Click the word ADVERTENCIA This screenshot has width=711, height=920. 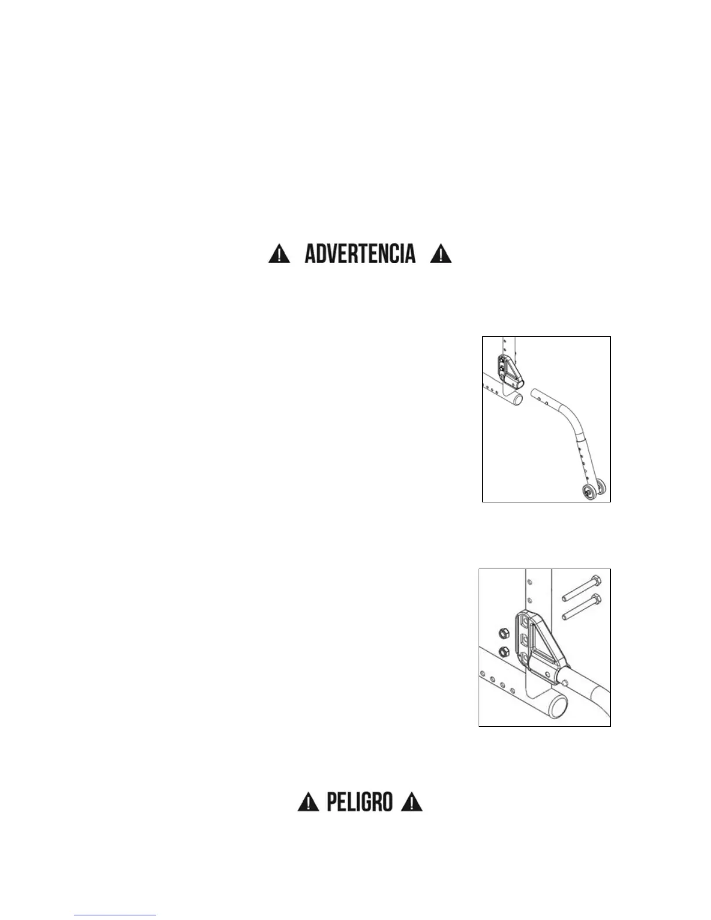click(x=360, y=254)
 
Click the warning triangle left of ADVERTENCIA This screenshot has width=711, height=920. click(x=279, y=254)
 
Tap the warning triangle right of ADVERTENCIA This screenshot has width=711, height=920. click(x=441, y=254)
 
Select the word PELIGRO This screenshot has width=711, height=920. click(x=360, y=802)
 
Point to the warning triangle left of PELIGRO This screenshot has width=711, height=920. click(x=308, y=803)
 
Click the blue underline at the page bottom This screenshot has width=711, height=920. click(x=115, y=915)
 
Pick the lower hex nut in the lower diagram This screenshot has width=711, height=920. click(x=504, y=651)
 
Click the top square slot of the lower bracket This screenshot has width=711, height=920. click(x=526, y=623)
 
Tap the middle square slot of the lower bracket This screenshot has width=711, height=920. click(x=526, y=640)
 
